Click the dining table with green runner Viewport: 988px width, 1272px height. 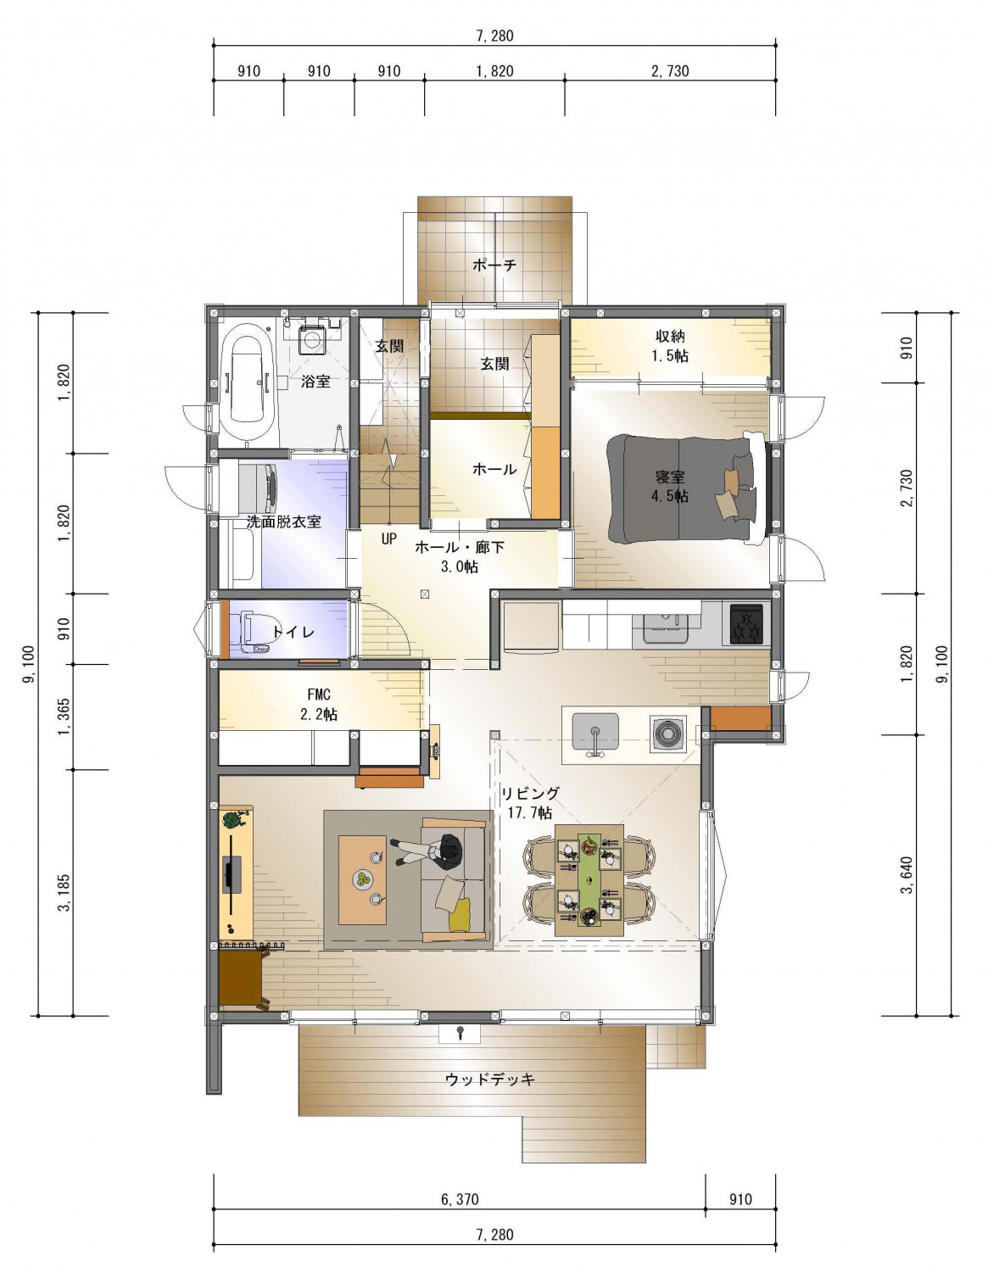(x=589, y=874)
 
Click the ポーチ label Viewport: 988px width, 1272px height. (x=494, y=265)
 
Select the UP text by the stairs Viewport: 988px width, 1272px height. (x=388, y=538)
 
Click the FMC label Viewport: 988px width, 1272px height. (x=319, y=695)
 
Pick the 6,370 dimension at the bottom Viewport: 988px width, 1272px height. (x=460, y=1199)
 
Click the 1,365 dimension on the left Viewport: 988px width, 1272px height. (x=64, y=717)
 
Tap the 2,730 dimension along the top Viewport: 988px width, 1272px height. (x=670, y=71)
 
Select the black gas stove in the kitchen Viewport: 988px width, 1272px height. (x=746, y=624)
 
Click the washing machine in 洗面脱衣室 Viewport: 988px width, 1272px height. (x=258, y=489)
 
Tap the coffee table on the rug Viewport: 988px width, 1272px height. (x=362, y=879)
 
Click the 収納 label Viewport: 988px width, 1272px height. (x=670, y=337)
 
